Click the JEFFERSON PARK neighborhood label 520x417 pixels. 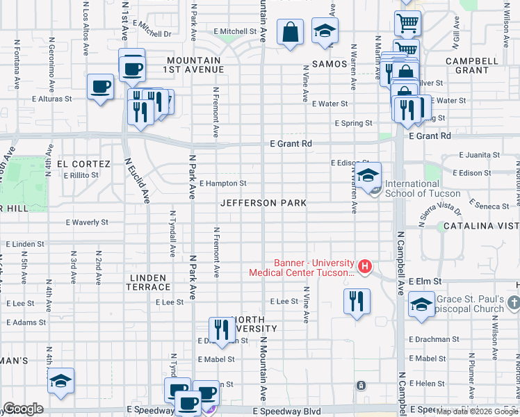click(x=263, y=203)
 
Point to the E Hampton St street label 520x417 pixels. click(x=222, y=183)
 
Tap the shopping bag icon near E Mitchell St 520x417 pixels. click(x=290, y=31)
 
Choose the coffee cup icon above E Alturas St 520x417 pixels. click(x=101, y=87)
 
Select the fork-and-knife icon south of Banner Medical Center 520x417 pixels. click(x=357, y=301)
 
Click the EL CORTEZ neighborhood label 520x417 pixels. click(x=83, y=164)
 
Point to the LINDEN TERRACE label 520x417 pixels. click(x=149, y=281)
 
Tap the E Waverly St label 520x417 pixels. click(x=87, y=222)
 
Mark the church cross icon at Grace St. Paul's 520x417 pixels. click(x=513, y=302)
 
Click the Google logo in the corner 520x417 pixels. click(x=23, y=409)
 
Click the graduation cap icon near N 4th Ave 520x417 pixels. click(x=60, y=380)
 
